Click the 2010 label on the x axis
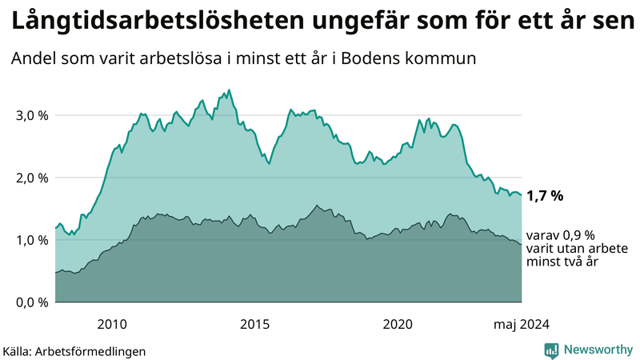[x=112, y=324]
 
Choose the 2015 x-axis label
[x=255, y=324]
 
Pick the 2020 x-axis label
[x=398, y=324]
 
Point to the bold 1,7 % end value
[x=545, y=195]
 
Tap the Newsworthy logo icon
[x=551, y=350]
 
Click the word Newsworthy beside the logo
[x=597, y=350]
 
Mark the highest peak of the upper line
[x=230, y=90]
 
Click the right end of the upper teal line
[x=522, y=194]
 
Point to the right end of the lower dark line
[x=522, y=244]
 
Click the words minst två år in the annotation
[x=559, y=262]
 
